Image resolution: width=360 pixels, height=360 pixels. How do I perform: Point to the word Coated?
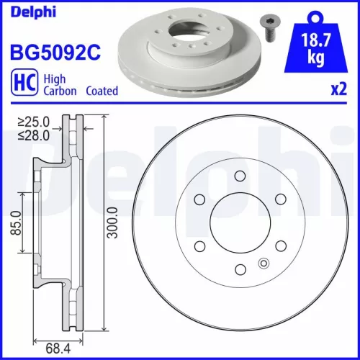point(102,91)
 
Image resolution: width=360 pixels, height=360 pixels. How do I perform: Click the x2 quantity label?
point(337,91)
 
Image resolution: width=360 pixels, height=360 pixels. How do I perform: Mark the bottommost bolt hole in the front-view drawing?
point(238,269)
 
